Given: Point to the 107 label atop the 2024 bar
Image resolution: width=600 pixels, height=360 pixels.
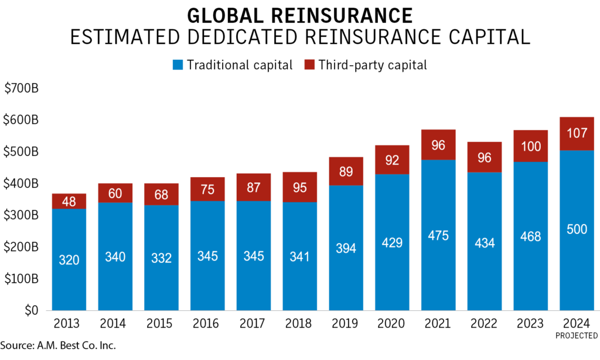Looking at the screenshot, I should tap(577, 134).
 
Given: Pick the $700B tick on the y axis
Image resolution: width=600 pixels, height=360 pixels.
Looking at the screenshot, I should tap(22, 89).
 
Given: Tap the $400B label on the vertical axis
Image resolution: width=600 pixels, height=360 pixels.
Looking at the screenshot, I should tap(22, 184).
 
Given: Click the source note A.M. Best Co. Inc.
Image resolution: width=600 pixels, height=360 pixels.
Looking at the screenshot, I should tap(58, 345).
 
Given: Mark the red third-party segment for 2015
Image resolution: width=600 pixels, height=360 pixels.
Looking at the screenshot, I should tap(162, 193).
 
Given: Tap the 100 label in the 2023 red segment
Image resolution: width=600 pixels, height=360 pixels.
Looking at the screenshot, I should tap(531, 147).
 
